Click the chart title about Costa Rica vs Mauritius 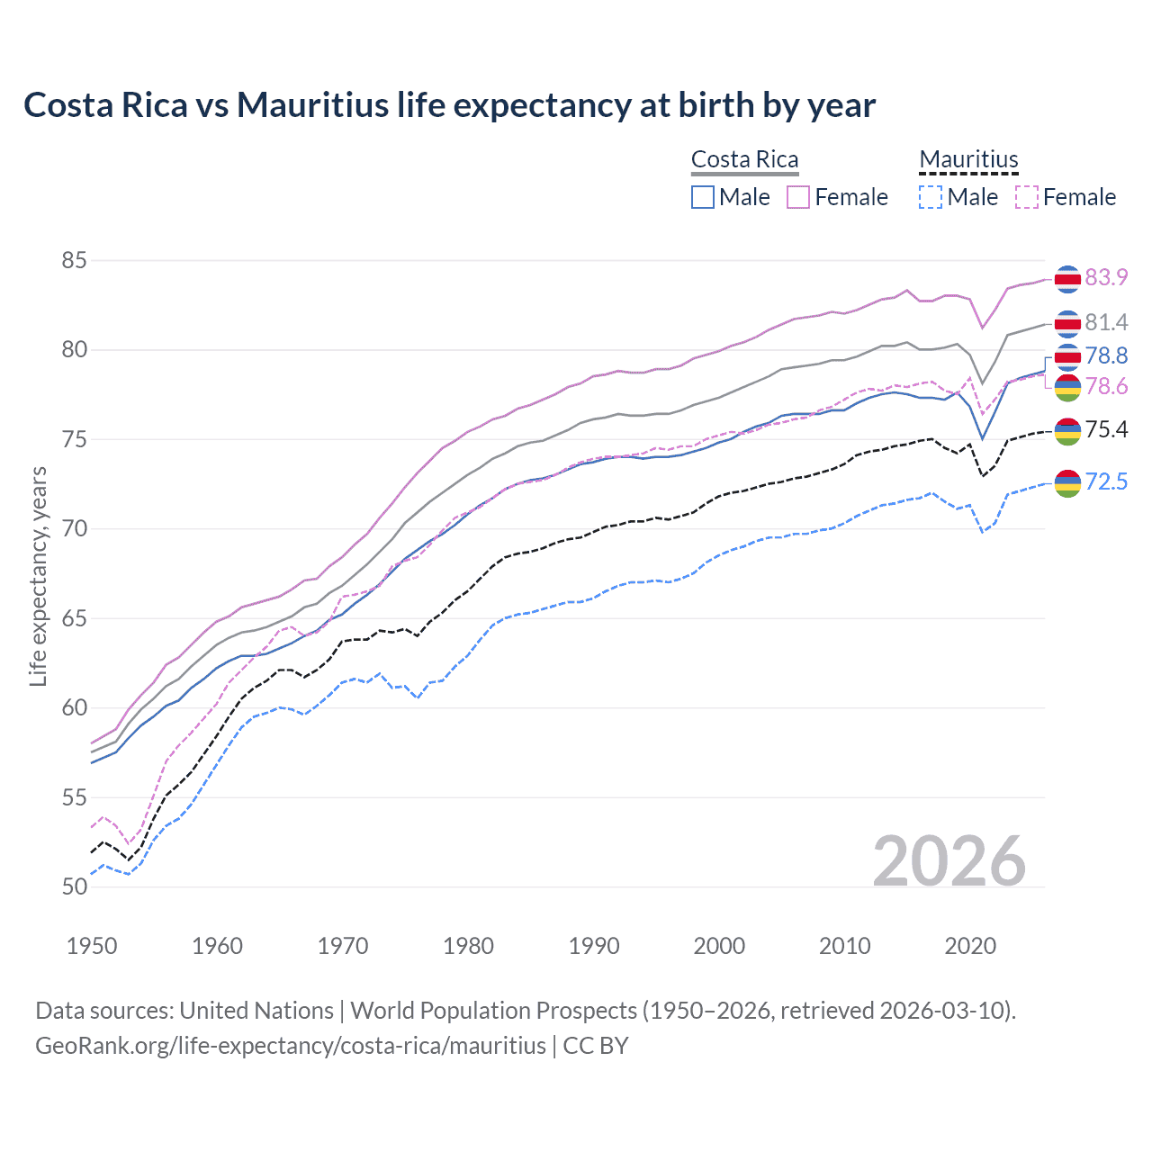pos(449,105)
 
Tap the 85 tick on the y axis pos(74,261)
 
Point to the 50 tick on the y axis pos(74,886)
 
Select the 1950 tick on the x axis pos(92,946)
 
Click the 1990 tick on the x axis pos(594,946)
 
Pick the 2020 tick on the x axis pos(970,946)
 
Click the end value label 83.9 pos(1106,277)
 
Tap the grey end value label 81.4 pos(1106,322)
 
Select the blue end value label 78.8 pos(1106,355)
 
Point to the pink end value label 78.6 pos(1106,386)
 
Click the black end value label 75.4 pos(1106,429)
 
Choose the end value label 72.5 pos(1106,481)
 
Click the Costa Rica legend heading pos(744,159)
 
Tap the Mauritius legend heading pos(968,159)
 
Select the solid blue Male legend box pos(703,197)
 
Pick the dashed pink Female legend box pos(1027,197)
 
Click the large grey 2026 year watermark pos(949,861)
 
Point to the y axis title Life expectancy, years pos(38,576)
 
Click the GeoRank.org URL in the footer pos(291,1046)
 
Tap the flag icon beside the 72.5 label pos(1067,483)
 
